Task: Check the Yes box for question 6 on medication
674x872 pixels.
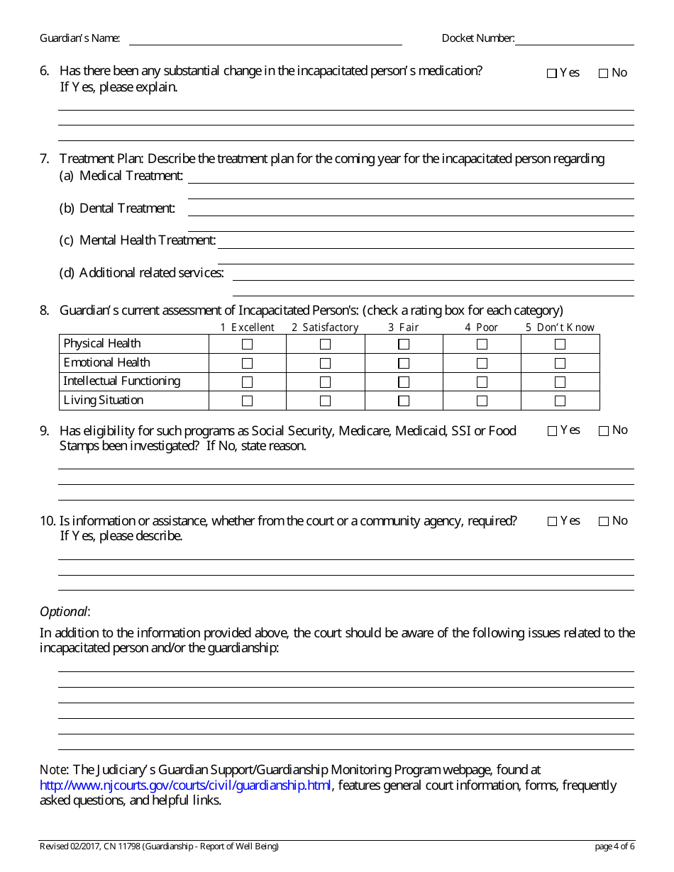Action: coord(552,73)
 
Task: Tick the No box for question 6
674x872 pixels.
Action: coord(604,73)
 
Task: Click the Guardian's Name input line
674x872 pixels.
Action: coord(265,39)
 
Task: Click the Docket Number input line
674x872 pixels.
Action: coord(574,39)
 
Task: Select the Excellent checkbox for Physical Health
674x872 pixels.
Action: coord(247,345)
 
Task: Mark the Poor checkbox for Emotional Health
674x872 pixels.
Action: coord(482,363)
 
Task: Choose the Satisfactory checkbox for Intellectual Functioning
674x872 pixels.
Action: coord(325,382)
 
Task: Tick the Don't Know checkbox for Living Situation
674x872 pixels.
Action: coord(560,401)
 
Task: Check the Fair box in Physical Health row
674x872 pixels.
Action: coord(404,345)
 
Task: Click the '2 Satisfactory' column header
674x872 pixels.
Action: coord(325,328)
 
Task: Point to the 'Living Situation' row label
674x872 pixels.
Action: coord(104,401)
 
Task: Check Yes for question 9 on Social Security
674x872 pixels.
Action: coord(552,431)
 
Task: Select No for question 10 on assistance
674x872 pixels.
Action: coord(604,522)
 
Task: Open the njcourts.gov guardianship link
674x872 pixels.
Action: coord(185,786)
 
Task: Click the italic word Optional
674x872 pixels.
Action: coord(64,612)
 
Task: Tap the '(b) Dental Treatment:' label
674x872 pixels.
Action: coord(117,208)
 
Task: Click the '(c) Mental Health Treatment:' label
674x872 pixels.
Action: coord(138,240)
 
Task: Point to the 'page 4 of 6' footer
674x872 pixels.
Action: coord(614,846)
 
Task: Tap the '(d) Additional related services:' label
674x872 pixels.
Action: coord(142,273)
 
